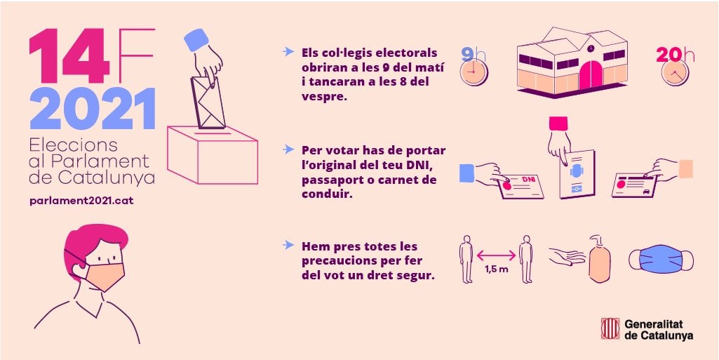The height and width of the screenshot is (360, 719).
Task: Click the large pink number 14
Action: [69, 55]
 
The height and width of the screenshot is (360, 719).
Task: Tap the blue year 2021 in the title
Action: [93, 109]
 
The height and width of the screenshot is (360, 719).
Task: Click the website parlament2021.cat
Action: [81, 201]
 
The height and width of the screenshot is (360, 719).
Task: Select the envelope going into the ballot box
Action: [208, 102]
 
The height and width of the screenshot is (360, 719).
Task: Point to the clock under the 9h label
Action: [473, 72]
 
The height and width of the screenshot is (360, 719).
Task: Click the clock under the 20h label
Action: [675, 72]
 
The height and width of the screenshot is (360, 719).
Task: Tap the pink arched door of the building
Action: [591, 75]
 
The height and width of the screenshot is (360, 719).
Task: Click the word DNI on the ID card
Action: [528, 180]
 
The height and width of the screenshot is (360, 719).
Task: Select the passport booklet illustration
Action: [577, 174]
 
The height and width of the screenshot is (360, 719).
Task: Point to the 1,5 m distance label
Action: [496, 269]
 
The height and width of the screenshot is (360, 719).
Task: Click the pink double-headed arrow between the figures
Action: [496, 255]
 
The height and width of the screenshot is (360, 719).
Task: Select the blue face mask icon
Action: [661, 259]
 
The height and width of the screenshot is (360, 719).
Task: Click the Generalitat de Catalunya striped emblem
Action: [610, 329]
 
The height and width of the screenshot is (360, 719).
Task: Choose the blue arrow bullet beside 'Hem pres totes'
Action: [288, 245]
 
